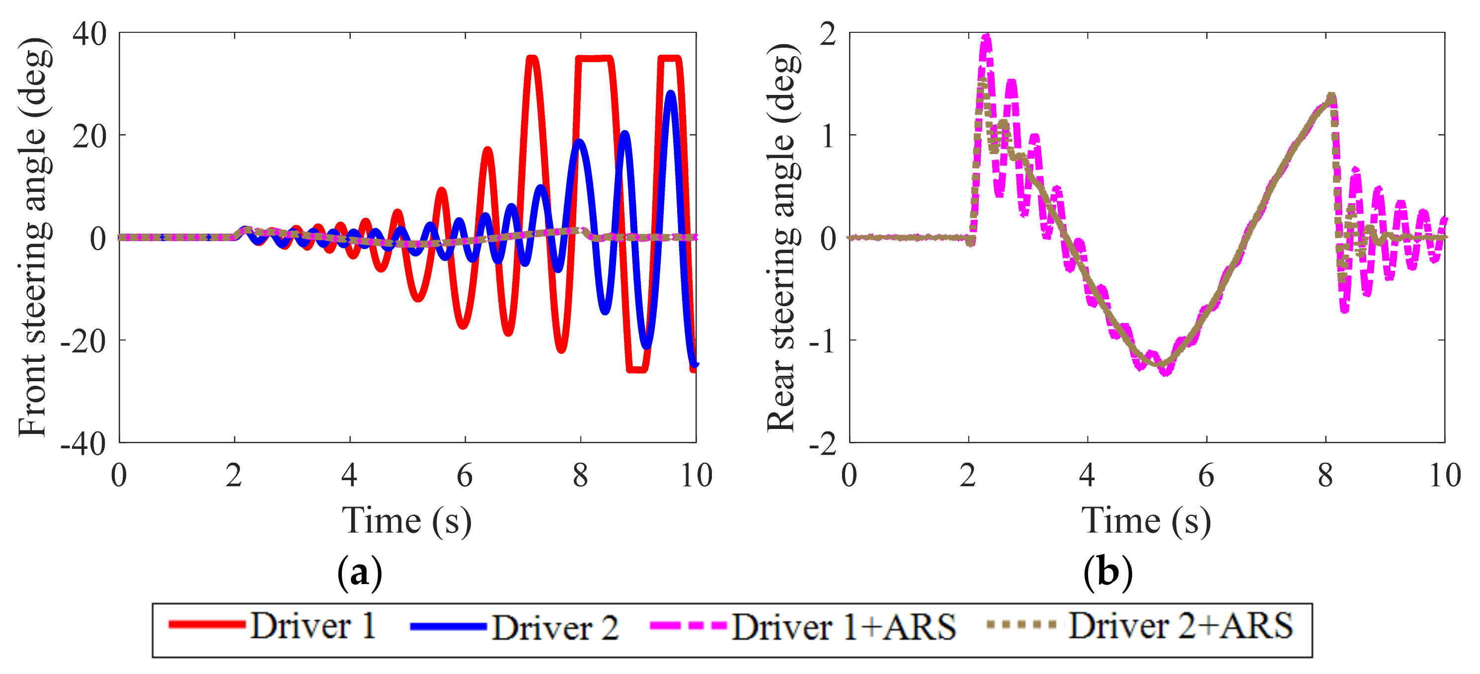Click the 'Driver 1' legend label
[x=313, y=626]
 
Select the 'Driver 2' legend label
[x=555, y=627]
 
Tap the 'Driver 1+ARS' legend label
[x=844, y=627]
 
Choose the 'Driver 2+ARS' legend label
[x=1180, y=626]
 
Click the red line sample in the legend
[x=207, y=625]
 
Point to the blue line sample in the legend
[x=448, y=626]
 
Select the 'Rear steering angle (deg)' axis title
[x=782, y=237]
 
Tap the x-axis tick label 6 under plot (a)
[x=464, y=476]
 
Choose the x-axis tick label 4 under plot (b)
[x=1087, y=476]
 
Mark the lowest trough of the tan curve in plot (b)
[x=1162, y=365]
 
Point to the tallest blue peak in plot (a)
[x=671, y=93]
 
